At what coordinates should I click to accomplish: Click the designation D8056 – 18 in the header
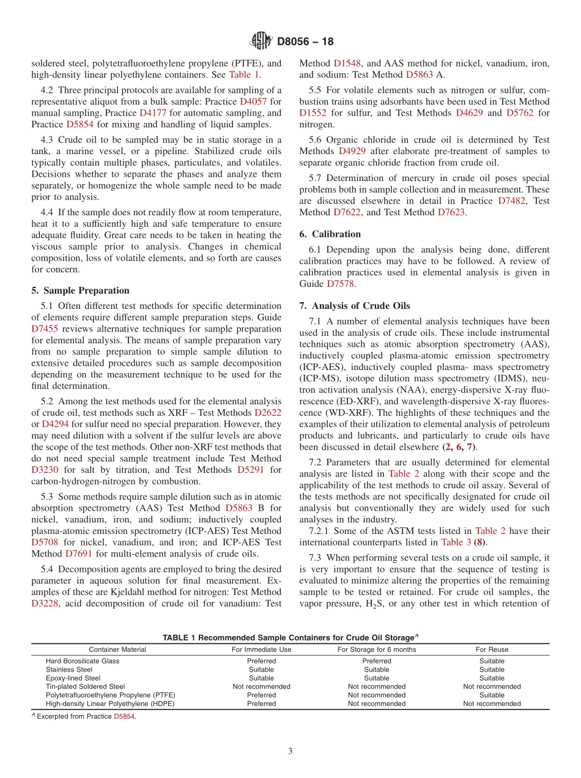click(305, 42)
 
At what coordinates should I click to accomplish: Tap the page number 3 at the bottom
click(290, 752)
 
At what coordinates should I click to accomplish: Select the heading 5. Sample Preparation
click(80, 291)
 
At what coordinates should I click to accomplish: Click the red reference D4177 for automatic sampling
click(152, 113)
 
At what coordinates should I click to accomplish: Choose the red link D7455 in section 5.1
click(45, 329)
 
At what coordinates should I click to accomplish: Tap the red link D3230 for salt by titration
click(45, 470)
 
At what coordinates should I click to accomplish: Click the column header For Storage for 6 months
click(376, 650)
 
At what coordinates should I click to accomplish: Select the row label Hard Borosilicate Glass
click(83, 661)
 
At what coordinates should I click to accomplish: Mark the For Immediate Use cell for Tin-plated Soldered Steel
click(261, 687)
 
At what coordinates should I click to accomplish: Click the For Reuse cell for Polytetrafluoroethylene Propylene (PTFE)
click(492, 695)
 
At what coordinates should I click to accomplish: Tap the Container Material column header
click(117, 650)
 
